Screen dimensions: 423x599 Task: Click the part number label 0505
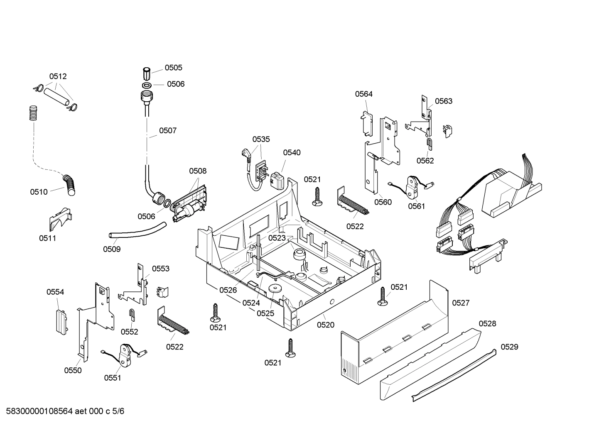173,68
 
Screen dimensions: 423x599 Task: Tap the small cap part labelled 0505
147,73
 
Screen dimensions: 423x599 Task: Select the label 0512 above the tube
58,76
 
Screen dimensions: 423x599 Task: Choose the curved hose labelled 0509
137,231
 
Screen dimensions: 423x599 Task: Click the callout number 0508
197,171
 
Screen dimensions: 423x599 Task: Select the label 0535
261,139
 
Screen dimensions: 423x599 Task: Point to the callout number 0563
443,101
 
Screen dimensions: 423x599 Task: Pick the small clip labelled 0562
430,144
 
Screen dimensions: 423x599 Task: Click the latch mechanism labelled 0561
413,187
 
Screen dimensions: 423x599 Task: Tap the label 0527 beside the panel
460,303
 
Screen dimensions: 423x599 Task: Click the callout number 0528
487,324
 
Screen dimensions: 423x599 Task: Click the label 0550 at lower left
73,371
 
